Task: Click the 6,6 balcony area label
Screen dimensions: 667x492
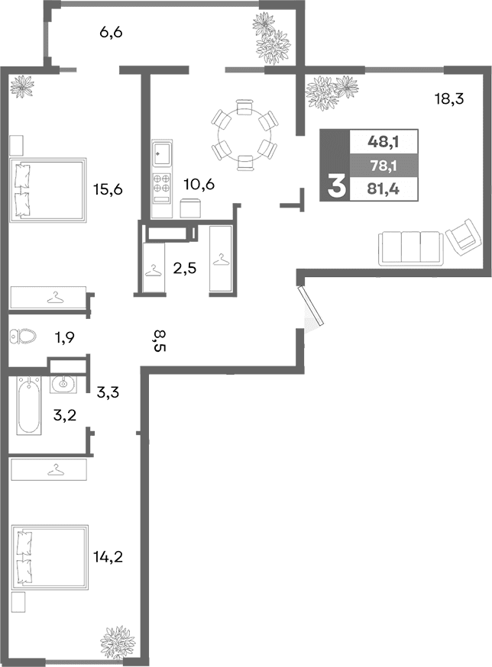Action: (x=112, y=32)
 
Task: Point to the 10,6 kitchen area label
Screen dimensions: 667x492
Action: (x=199, y=183)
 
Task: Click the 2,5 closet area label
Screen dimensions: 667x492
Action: (x=186, y=268)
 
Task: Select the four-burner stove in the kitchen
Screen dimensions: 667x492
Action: (x=162, y=183)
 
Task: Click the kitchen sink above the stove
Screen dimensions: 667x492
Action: (x=162, y=153)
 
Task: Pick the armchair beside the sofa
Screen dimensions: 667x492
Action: (x=462, y=238)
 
